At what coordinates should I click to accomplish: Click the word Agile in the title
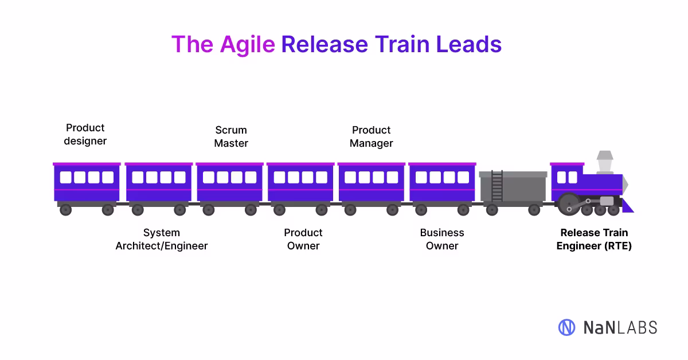tap(247, 45)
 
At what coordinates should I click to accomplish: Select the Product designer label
tap(85, 134)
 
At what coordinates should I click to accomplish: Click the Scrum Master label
tap(231, 136)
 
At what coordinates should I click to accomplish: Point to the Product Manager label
tap(372, 136)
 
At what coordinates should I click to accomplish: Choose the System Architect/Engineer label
tap(162, 239)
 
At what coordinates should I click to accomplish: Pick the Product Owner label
tap(303, 239)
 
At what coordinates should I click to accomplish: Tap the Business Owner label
tap(442, 239)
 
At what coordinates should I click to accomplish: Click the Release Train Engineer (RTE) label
tap(594, 239)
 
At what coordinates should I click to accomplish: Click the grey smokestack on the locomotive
tap(605, 162)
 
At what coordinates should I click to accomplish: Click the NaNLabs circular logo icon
tap(566, 327)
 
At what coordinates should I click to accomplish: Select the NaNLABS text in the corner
tap(620, 327)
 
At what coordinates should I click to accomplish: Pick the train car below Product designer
tap(87, 183)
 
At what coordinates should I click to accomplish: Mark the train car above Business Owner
tap(442, 183)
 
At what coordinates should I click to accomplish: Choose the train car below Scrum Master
tap(229, 183)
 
